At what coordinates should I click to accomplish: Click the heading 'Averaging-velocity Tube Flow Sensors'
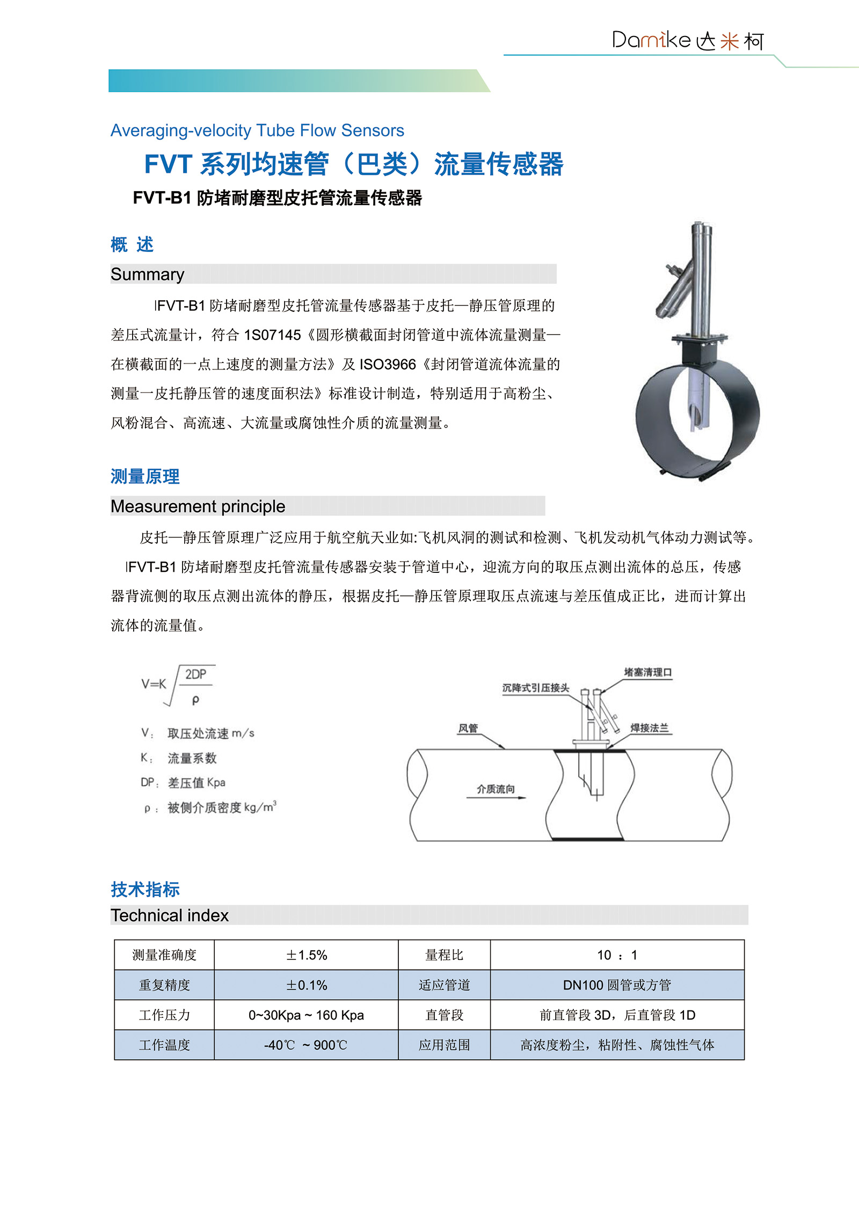[x=257, y=130]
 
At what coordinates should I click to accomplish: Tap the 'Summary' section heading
[x=147, y=274]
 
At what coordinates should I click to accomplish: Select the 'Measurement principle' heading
[x=198, y=506]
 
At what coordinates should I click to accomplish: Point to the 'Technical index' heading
[x=170, y=915]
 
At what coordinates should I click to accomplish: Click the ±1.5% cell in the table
[x=306, y=955]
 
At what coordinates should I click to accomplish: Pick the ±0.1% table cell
[x=306, y=985]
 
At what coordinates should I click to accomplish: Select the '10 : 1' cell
[x=617, y=955]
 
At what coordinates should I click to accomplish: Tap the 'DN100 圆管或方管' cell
[x=617, y=985]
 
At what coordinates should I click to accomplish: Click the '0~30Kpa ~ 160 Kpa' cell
[x=306, y=1015]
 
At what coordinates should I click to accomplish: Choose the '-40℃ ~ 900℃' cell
[x=306, y=1045]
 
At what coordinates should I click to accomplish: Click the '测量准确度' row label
[x=164, y=955]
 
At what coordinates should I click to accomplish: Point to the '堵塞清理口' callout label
[x=647, y=672]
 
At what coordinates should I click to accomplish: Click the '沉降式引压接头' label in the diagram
[x=535, y=688]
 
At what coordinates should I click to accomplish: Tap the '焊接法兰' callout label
[x=650, y=728]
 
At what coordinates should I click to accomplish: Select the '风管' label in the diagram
[x=468, y=729]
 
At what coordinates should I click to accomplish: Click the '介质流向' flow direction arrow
[x=496, y=797]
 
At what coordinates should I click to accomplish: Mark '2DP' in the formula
[x=195, y=674]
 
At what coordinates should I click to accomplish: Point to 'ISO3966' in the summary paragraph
[x=388, y=365]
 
